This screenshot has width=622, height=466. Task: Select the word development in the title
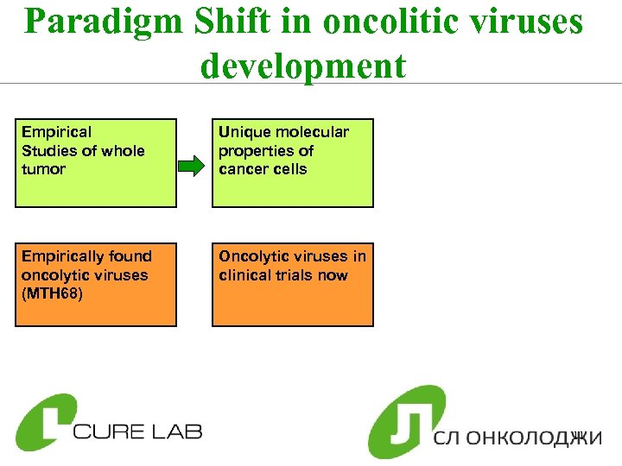tap(303, 66)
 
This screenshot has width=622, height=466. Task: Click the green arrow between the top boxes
tap(194, 162)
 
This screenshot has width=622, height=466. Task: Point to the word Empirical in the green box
tap(56, 132)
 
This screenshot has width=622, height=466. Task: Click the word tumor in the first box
tap(43, 169)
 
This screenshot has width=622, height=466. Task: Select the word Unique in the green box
tap(244, 132)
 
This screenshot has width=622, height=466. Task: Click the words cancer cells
tap(263, 169)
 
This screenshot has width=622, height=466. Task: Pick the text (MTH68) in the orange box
tap(52, 294)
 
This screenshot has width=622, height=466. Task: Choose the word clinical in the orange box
tap(249, 275)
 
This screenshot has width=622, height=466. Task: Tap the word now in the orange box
tap(332, 275)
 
